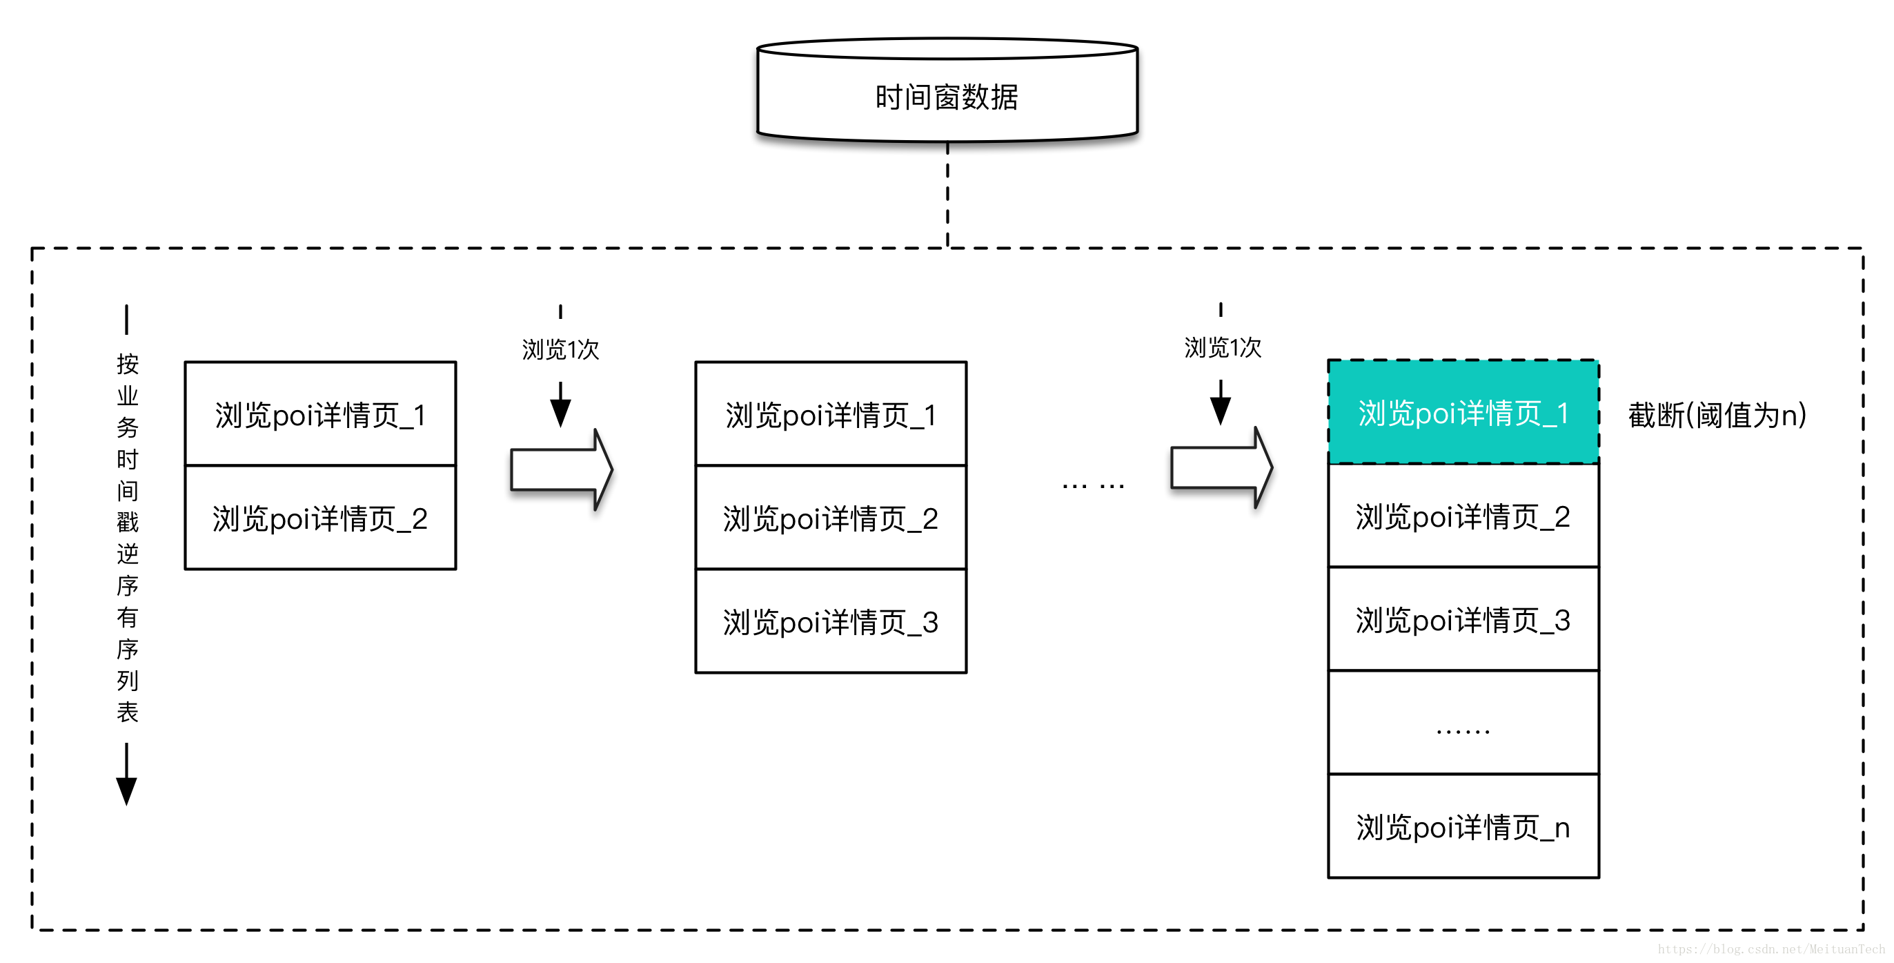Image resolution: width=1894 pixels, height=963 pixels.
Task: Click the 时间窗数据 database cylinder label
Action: [x=946, y=97]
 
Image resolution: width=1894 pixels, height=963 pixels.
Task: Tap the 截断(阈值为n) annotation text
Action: [x=1717, y=415]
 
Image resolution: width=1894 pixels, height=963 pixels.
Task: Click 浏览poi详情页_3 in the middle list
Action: [x=830, y=622]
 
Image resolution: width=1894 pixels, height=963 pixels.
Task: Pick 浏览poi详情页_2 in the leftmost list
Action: [x=320, y=518]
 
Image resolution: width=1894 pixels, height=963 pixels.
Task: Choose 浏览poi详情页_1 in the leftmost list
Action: [x=320, y=414]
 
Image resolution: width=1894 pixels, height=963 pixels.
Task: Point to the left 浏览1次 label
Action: [x=560, y=349]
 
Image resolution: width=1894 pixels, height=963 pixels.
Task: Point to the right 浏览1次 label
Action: [x=1222, y=347]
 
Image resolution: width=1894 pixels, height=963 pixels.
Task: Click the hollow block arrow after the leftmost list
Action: [x=561, y=469]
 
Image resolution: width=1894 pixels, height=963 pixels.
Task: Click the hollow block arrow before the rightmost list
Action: [x=1221, y=468]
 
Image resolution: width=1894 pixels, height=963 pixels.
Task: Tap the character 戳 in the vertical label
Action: [x=127, y=522]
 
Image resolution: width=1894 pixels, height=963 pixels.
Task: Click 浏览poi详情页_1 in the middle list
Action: [x=830, y=414]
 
